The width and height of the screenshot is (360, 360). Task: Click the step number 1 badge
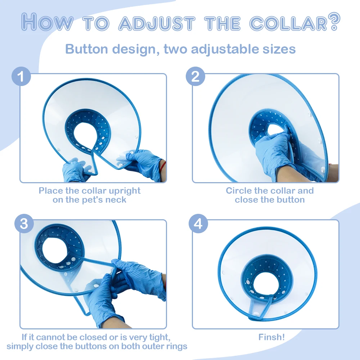(x=22, y=77)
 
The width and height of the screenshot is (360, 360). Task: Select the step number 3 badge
(x=24, y=224)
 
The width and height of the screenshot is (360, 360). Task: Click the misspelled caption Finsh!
(x=271, y=337)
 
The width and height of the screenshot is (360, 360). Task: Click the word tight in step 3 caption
(x=158, y=337)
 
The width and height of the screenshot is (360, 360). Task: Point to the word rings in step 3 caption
(x=175, y=346)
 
